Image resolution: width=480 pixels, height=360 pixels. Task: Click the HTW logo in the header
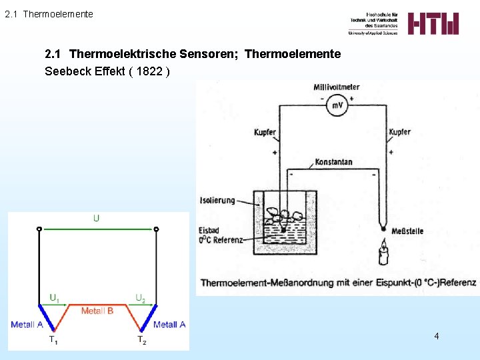click(433, 23)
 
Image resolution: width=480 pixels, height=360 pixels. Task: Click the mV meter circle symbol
click(338, 105)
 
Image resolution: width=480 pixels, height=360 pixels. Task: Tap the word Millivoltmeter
click(337, 87)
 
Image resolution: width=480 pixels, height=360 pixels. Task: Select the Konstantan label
click(333, 162)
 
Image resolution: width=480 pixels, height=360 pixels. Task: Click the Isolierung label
click(217, 200)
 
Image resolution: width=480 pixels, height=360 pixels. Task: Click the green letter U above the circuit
click(97, 217)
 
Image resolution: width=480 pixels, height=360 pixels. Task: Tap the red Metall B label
click(97, 311)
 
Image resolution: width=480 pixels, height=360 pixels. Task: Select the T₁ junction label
click(53, 341)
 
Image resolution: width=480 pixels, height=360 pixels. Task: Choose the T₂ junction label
click(142, 341)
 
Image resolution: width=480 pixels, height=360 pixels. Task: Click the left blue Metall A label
click(27, 325)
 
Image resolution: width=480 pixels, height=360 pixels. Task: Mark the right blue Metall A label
click(169, 325)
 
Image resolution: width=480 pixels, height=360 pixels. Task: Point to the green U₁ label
click(53, 297)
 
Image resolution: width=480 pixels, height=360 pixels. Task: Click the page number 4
click(437, 336)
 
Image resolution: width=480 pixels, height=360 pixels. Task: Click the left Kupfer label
click(265, 132)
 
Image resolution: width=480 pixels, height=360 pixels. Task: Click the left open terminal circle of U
click(39, 229)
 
